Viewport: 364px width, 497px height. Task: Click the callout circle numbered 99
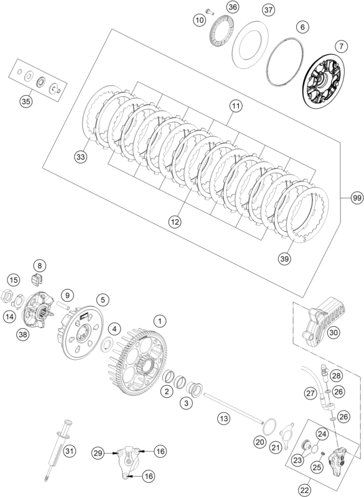click(356, 198)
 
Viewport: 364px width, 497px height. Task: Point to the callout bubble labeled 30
click(334, 333)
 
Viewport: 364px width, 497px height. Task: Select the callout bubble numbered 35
click(26, 101)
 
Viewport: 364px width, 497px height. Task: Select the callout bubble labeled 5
click(101, 299)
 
